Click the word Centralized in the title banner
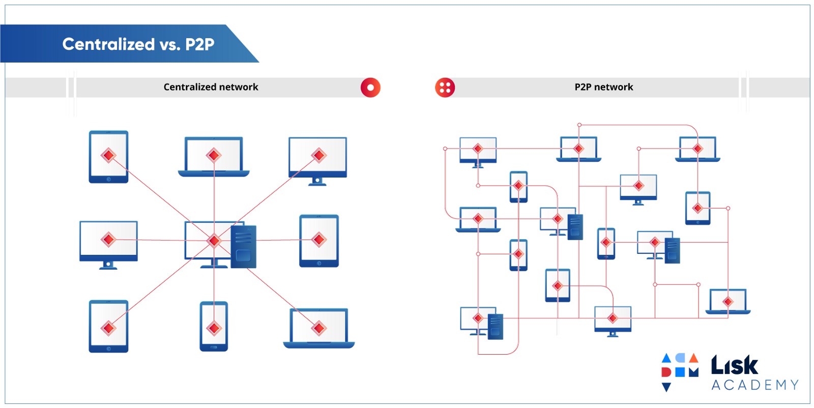point(108,44)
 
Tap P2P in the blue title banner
point(199,44)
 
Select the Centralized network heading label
point(211,87)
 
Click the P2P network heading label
point(603,87)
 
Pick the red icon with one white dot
point(370,88)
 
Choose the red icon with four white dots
point(445,88)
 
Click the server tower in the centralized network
point(244,247)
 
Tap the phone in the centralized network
point(214,327)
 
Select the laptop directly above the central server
point(214,156)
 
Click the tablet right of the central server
point(319,241)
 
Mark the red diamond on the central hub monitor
point(214,240)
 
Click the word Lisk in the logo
point(734,365)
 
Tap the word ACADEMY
point(755,385)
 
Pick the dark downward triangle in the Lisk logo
point(666,387)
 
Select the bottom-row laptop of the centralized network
point(319,328)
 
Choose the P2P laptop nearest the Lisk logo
point(728,302)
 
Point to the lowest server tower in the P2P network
point(495,327)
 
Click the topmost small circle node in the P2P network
point(579,125)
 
